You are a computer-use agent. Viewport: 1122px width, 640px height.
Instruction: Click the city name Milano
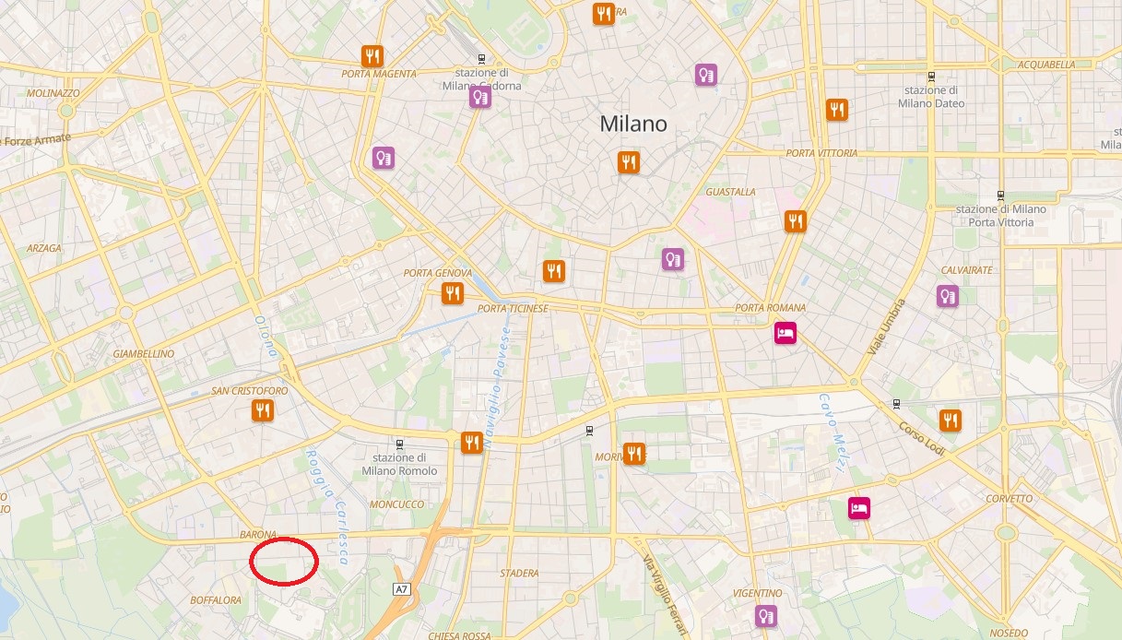coord(632,124)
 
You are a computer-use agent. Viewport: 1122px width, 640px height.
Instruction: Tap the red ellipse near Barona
coord(284,560)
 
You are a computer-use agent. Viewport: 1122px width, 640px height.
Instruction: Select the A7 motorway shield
coord(401,588)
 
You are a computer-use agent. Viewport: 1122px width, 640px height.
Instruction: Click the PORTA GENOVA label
coord(438,273)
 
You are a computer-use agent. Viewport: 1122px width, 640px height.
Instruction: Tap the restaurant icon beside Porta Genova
coord(452,293)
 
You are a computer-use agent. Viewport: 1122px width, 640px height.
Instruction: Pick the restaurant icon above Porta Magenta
coord(372,55)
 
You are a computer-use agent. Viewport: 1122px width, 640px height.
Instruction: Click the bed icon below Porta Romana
coord(785,332)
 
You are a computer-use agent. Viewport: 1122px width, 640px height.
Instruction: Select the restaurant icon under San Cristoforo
coord(263,410)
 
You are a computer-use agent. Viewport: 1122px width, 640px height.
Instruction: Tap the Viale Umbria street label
coord(886,327)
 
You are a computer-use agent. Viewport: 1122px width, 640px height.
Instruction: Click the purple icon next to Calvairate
coord(947,296)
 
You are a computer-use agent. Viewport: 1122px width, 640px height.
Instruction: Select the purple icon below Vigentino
coord(765,615)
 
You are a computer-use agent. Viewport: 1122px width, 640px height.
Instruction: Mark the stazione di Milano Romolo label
coord(399,464)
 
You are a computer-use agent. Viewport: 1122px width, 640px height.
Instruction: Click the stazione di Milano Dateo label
coord(931,97)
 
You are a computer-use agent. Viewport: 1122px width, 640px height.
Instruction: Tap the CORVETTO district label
coord(1010,499)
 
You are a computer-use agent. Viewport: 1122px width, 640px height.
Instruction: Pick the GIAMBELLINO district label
coord(143,353)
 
